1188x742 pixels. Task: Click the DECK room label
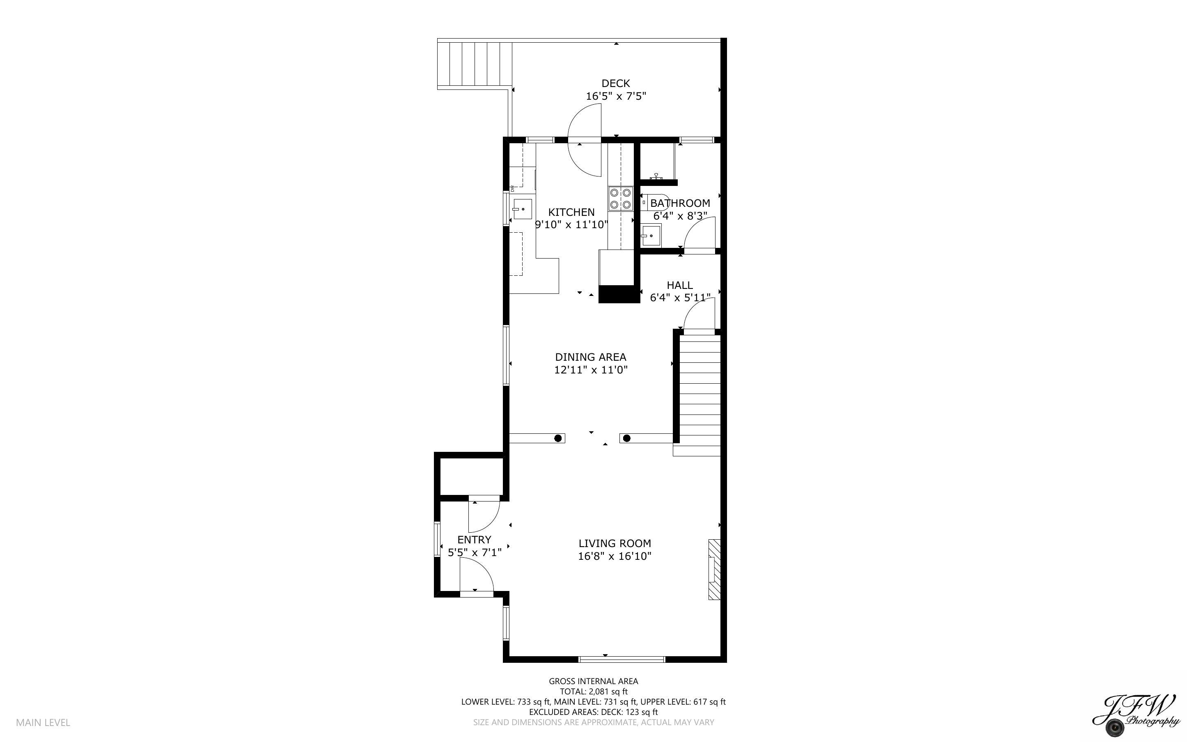615,83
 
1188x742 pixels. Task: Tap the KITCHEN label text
571,212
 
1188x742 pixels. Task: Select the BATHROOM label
680,203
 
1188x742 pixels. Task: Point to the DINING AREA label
590,357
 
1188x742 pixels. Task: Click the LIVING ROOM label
615,543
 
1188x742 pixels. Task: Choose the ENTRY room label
474,539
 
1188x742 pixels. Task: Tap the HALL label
680,285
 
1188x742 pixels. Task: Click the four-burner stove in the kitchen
620,199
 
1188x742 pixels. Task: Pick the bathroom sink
651,235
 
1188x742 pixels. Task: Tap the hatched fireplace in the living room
714,569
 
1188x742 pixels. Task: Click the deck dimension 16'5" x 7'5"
615,96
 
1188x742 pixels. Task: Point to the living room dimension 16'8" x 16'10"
615,556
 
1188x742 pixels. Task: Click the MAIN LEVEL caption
43,722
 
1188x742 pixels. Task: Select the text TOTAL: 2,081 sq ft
593,692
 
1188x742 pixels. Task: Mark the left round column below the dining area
558,438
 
